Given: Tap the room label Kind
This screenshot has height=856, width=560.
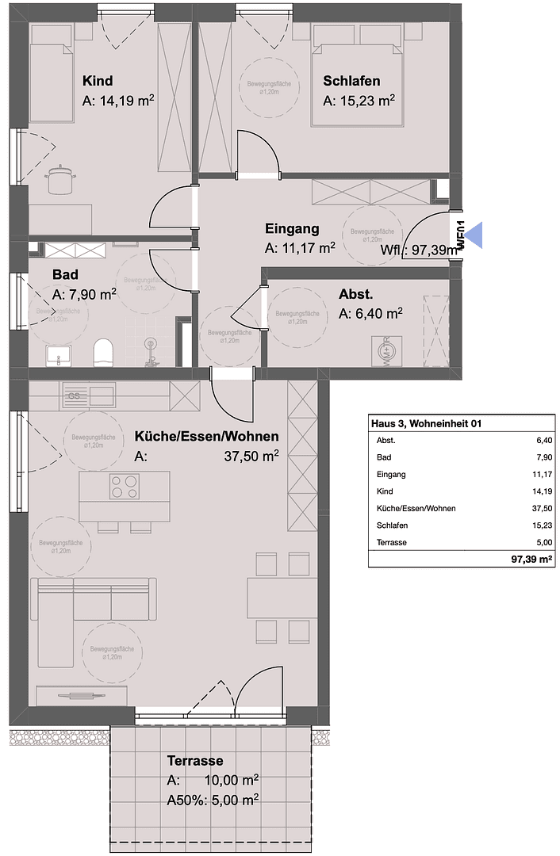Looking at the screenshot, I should point(98,81).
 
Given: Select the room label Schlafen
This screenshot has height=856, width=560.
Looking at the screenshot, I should point(351,81).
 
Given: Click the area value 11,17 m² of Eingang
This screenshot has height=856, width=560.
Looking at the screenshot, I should point(300,248).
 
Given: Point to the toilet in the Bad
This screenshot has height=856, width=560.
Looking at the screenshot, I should point(103,351).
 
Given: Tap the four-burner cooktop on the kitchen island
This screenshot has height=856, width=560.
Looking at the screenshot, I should point(124,485).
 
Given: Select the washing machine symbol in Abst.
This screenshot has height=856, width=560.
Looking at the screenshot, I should point(384,350).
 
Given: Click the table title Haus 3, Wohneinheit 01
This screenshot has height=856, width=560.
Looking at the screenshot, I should point(426,424).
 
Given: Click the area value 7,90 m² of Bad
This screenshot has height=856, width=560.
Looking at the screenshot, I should point(84,294).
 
